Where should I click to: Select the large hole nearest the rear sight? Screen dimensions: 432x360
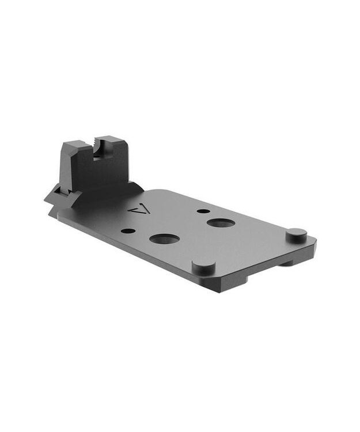(164, 238)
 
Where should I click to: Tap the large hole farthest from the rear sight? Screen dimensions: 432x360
(221, 222)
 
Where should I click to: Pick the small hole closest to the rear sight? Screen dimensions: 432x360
(128, 230)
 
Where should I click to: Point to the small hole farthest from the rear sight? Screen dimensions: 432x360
(203, 211)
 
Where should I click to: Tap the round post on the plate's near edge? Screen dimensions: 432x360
(203, 266)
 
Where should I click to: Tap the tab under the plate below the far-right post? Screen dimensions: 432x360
(286, 263)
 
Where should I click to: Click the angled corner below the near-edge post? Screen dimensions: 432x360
(222, 282)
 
